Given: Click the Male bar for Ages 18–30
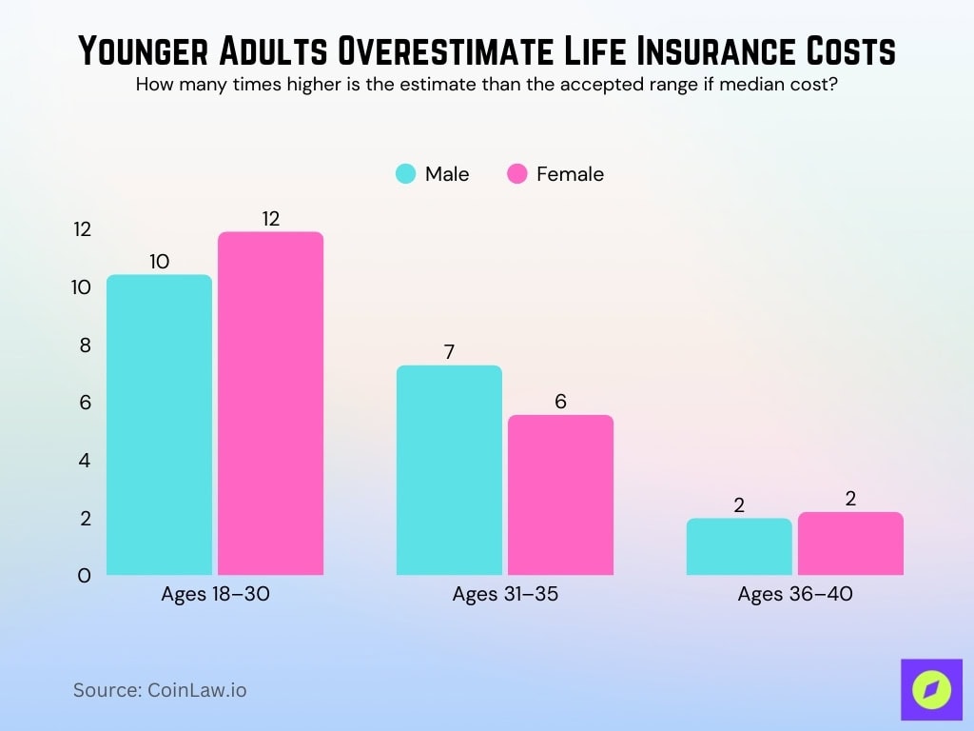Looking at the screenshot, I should [159, 425].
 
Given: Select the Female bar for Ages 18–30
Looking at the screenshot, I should [271, 404].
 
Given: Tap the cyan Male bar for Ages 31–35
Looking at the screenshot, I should [449, 470].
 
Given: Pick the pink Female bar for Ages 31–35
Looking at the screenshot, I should [560, 495].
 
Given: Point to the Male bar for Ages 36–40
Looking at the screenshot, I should [739, 546].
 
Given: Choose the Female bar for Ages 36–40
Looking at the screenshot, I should [850, 543].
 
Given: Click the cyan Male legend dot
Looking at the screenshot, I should [406, 174].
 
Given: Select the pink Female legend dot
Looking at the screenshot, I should [517, 174].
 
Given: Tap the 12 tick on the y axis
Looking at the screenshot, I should [82, 229].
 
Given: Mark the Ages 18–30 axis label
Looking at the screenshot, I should [215, 595].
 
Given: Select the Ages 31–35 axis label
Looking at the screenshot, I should [505, 595].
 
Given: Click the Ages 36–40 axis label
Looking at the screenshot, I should [795, 595].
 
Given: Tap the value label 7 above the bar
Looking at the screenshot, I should [449, 352].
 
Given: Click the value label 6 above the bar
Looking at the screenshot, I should [560, 402].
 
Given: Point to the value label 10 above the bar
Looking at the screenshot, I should [159, 262].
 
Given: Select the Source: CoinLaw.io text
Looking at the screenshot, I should [160, 690].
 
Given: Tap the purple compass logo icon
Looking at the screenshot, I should [931, 689].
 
